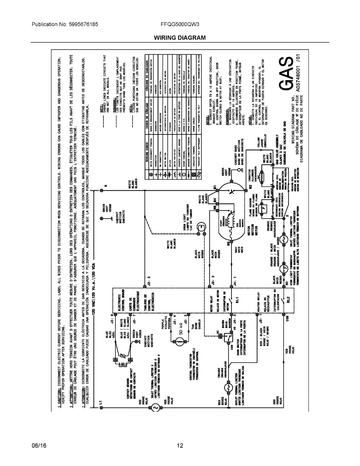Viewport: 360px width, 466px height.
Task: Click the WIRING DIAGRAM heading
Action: [x=180, y=38]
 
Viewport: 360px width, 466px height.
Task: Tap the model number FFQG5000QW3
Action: [x=180, y=24]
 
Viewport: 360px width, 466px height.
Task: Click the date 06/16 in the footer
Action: [x=39, y=446]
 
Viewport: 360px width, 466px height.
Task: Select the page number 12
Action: [x=180, y=446]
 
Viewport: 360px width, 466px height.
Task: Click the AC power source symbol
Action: [x=154, y=407]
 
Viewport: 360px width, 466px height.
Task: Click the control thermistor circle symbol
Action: [x=180, y=341]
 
